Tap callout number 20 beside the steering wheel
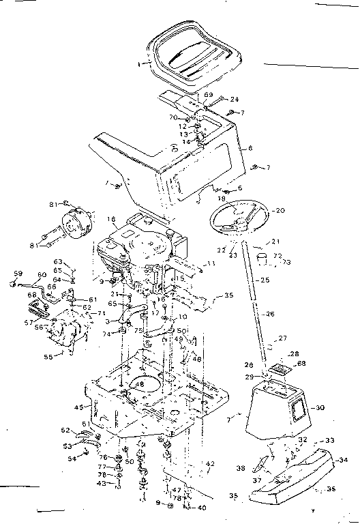(280, 211)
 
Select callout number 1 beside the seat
(140, 63)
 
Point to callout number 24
(235, 99)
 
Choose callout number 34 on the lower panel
(343, 459)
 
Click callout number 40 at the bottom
(202, 507)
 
